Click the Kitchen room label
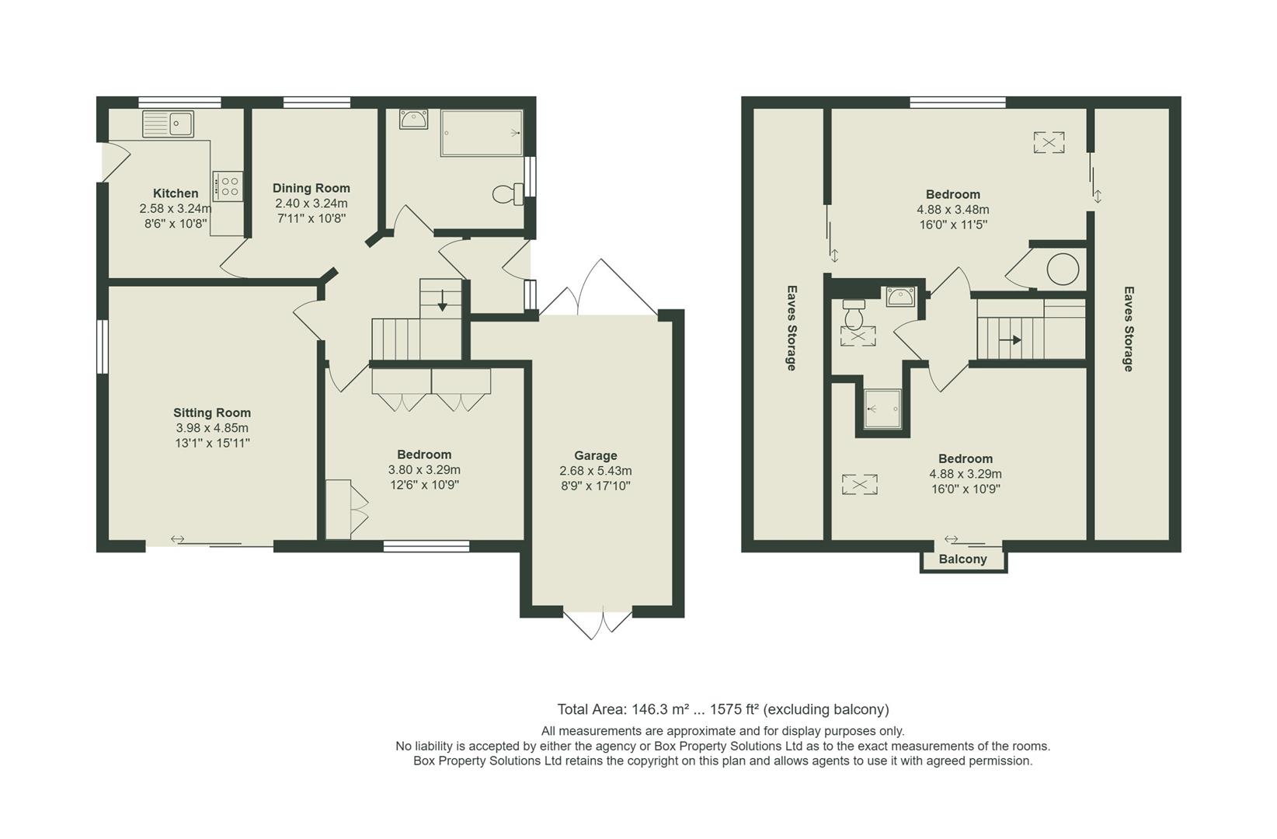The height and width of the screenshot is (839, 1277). point(175,193)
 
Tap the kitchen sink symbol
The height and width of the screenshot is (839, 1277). point(168,124)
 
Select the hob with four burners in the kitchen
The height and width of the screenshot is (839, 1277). point(228,185)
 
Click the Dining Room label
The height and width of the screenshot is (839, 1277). point(311,188)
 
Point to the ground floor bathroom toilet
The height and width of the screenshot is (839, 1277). point(509,193)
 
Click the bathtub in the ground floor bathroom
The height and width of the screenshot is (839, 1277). point(482,133)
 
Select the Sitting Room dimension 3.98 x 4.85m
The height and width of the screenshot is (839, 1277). point(211,428)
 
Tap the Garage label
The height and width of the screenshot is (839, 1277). point(595,456)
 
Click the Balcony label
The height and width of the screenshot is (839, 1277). point(962,559)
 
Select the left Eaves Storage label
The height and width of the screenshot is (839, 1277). point(791,328)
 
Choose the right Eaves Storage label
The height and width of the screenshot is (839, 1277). point(1128,328)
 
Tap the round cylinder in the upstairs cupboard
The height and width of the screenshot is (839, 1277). point(1062,270)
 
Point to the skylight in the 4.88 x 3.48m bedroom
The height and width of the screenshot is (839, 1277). point(1048,142)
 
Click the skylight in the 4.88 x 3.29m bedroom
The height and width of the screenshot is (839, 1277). point(859,485)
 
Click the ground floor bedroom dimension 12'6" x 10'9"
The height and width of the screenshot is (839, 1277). point(424,485)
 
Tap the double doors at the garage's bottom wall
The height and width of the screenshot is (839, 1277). point(597,623)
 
